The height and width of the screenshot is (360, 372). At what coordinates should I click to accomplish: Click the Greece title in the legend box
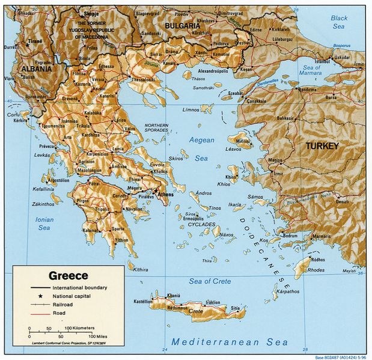click(x=68, y=276)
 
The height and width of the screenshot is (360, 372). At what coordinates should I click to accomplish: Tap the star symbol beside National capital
click(x=40, y=296)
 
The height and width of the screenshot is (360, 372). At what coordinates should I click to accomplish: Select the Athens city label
click(x=166, y=195)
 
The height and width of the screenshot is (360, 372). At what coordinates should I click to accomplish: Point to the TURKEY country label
click(x=322, y=146)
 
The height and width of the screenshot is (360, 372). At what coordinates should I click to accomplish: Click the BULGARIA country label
click(x=182, y=26)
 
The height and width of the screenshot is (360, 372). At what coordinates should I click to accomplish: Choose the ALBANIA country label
click(x=37, y=69)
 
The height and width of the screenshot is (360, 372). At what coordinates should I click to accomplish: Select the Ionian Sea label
click(x=44, y=224)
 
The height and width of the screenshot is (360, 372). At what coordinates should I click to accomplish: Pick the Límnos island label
click(x=191, y=110)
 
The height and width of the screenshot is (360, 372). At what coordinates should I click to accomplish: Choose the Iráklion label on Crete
click(x=214, y=302)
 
